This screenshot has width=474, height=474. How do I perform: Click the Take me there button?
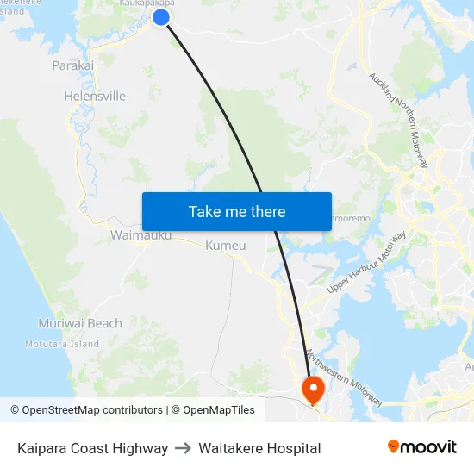click(x=237, y=211)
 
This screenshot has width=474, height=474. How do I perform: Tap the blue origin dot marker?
click(x=161, y=17)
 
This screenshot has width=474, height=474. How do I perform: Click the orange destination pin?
click(x=312, y=389)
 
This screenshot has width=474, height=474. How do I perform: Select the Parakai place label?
click(x=72, y=65)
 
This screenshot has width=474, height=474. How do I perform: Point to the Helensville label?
click(x=95, y=97)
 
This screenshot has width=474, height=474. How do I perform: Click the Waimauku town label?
click(x=140, y=234)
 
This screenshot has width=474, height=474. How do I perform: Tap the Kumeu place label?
click(x=226, y=246)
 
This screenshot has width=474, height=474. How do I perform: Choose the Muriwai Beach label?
click(x=80, y=324)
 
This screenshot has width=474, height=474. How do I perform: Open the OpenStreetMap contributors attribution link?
click(x=92, y=410)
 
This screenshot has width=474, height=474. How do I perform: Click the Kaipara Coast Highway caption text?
click(x=92, y=448)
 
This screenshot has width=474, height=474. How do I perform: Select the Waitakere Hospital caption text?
click(x=259, y=448)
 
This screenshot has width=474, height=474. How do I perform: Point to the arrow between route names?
click(x=183, y=448)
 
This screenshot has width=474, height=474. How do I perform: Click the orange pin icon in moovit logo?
click(x=394, y=446)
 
